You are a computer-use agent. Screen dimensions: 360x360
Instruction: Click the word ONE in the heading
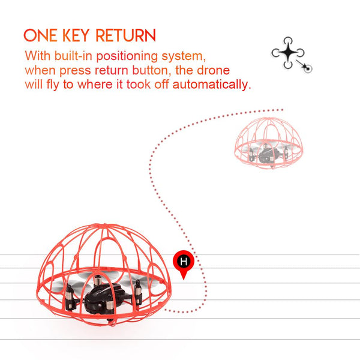[40, 35]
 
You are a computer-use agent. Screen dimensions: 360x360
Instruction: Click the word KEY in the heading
[76, 35]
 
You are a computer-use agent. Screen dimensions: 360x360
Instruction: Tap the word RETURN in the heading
[126, 35]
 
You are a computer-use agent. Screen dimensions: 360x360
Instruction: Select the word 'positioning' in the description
[127, 56]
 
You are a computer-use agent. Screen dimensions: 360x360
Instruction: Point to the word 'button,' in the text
[152, 70]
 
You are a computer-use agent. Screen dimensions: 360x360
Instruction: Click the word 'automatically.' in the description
[212, 84]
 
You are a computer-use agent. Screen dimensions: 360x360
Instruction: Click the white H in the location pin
[184, 261]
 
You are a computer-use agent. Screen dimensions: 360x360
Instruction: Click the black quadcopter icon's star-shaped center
[287, 53]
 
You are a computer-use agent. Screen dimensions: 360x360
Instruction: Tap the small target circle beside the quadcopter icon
[308, 68]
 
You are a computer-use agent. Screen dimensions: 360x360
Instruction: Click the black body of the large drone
[104, 297]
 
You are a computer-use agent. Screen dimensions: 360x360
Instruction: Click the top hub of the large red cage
[104, 225]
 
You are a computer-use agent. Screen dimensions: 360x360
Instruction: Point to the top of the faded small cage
[269, 119]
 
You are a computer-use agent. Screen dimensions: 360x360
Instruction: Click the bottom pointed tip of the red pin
[184, 280]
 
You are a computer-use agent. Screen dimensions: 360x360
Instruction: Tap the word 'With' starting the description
[38, 56]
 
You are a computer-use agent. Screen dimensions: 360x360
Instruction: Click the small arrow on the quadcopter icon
[301, 64]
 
